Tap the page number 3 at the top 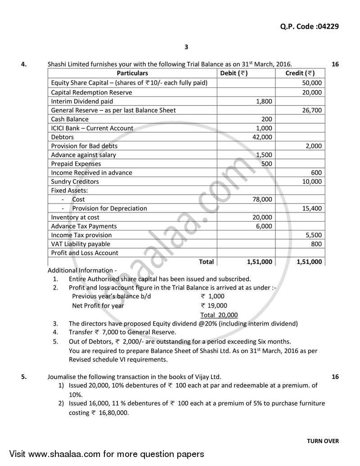[186, 47]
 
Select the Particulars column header [132, 73]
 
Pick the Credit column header [300, 73]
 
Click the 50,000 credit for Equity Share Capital [312, 83]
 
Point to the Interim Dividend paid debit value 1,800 [264, 101]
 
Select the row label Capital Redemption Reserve [91, 92]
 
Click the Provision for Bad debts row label [84, 146]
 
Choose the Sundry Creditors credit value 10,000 [312, 181]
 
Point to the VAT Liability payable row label [81, 244]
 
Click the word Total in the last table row [206, 262]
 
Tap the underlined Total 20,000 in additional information [219, 315]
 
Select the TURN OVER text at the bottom [323, 441]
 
